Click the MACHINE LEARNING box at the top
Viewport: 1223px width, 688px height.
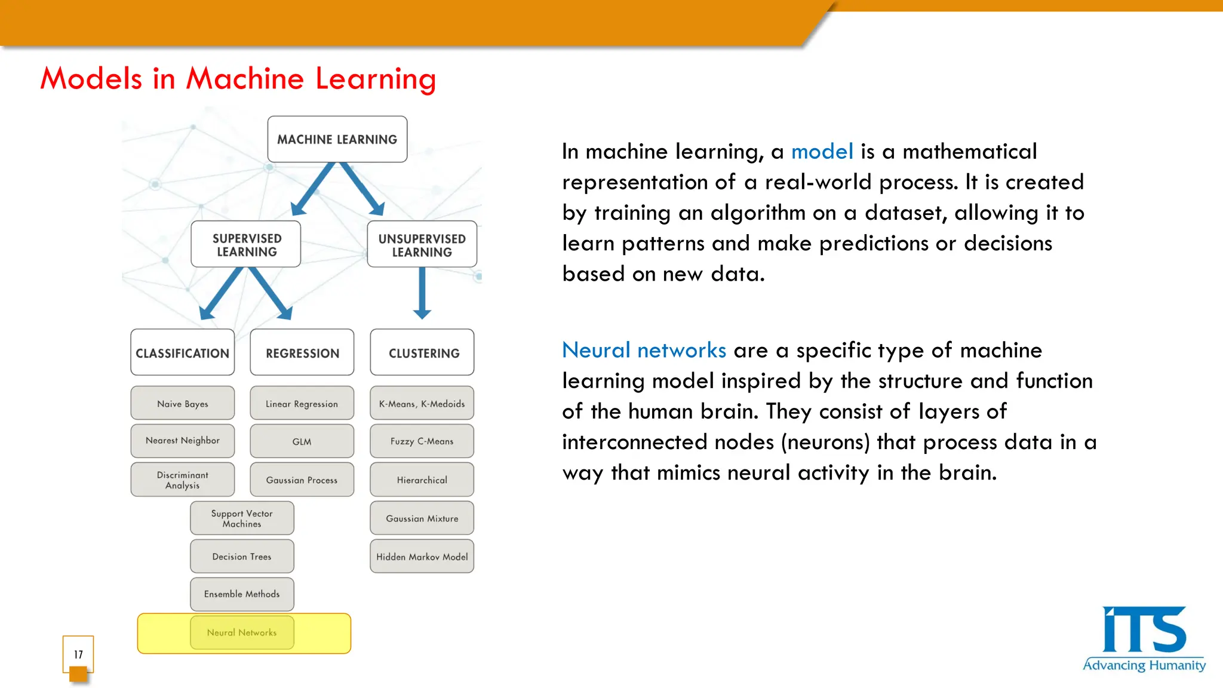tap(337, 139)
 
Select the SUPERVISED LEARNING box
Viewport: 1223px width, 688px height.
tap(246, 244)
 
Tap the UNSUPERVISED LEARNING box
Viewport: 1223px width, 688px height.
tap(422, 244)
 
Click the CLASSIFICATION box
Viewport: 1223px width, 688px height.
tap(182, 352)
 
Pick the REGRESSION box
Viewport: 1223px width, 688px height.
tap(302, 352)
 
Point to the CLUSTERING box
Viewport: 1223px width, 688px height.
tap(422, 352)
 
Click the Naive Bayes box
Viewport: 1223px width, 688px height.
tap(182, 403)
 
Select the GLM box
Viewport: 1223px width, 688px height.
tap(302, 441)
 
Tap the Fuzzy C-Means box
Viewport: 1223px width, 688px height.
tap(422, 441)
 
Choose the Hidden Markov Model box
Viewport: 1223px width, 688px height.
tap(422, 557)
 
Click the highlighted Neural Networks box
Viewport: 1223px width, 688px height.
tap(242, 632)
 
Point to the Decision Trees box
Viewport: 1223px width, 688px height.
tap(242, 557)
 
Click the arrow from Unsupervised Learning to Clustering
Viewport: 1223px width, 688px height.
tap(422, 293)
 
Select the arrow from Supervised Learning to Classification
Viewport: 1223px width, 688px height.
tap(222, 293)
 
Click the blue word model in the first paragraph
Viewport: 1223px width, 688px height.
tap(822, 152)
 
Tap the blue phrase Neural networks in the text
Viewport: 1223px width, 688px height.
tap(644, 350)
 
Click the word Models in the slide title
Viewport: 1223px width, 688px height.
tap(91, 79)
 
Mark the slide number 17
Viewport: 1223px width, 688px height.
tap(78, 655)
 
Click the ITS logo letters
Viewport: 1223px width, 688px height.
tap(1144, 630)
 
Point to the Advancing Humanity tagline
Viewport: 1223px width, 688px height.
tap(1144, 665)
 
